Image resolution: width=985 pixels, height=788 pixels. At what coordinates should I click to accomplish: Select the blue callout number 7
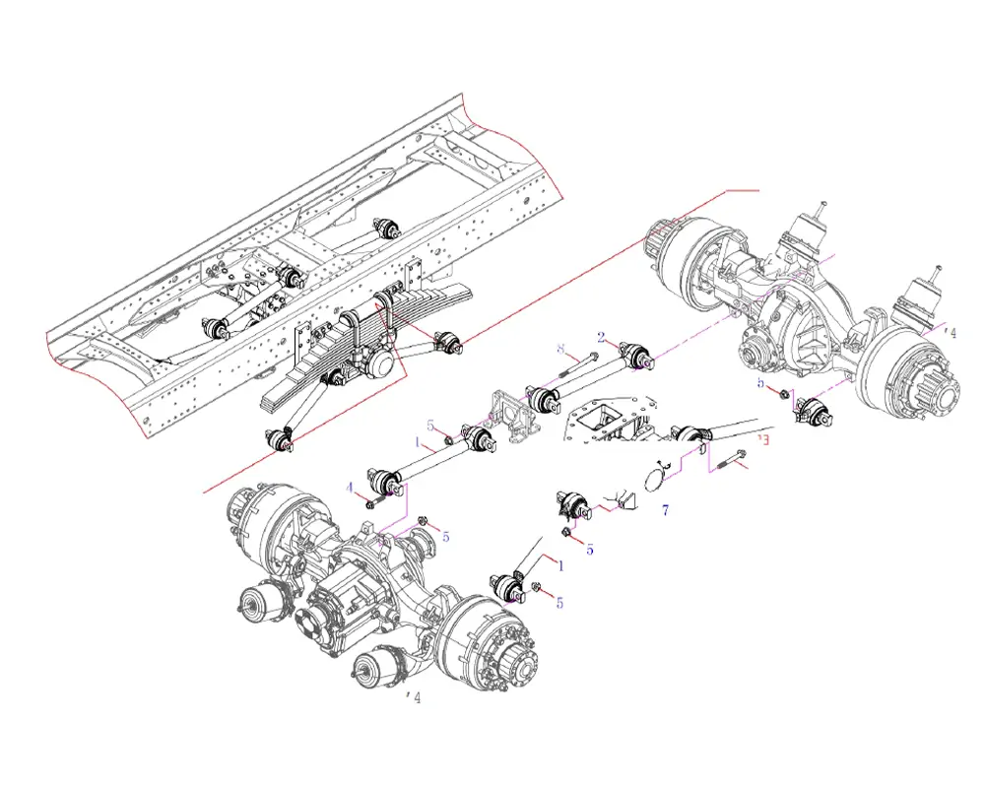coord(665,509)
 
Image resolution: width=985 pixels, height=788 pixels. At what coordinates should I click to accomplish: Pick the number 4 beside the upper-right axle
coord(951,332)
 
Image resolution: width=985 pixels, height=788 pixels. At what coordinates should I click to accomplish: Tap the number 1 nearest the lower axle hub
coord(561,566)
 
